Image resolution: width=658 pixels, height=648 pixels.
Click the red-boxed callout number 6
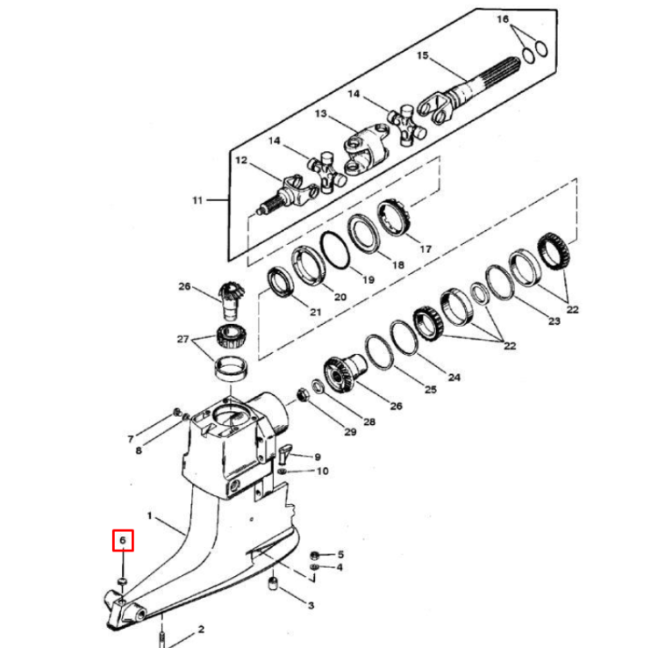pyautogui.click(x=123, y=540)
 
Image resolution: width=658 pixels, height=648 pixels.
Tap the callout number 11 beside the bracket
pyautogui.click(x=197, y=200)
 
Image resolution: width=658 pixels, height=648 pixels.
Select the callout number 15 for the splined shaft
pyautogui.click(x=422, y=56)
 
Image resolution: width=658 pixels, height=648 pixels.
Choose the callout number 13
pyautogui.click(x=320, y=114)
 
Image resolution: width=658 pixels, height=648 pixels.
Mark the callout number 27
pyautogui.click(x=182, y=339)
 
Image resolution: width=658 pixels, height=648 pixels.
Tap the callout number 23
pyautogui.click(x=554, y=321)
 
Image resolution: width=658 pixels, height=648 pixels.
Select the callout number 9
pyautogui.click(x=318, y=457)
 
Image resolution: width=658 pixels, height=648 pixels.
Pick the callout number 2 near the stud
pyautogui.click(x=201, y=629)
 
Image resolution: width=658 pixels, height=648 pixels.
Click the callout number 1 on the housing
pyautogui.click(x=150, y=515)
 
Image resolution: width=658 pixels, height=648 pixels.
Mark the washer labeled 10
pyautogui.click(x=282, y=472)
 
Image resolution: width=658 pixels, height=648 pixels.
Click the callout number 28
pyautogui.click(x=368, y=421)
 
